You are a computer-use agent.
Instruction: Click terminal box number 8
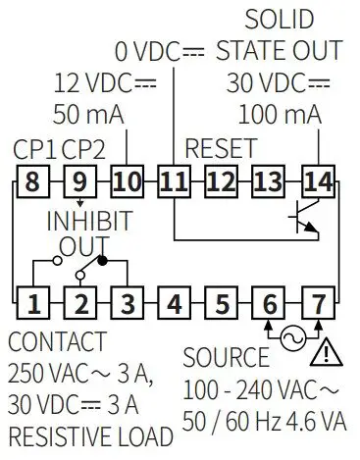point(32,180)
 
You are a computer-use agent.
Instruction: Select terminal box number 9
point(79,180)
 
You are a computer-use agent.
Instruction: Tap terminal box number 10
point(127,180)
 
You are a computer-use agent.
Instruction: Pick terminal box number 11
point(174,180)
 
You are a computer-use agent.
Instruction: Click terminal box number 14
point(318,180)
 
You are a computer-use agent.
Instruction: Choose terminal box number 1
point(32,303)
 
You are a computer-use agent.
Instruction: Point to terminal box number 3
point(127,303)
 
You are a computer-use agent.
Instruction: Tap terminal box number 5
point(222,303)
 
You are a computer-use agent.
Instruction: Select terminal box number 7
point(318,303)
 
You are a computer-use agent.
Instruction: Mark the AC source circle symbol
point(292,338)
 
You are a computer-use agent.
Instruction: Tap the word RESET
point(221,149)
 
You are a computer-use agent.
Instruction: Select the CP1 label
point(35,151)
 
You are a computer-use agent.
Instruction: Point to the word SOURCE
point(226,357)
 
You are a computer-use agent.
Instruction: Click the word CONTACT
point(56,342)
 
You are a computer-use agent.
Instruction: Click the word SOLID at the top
point(279,19)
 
